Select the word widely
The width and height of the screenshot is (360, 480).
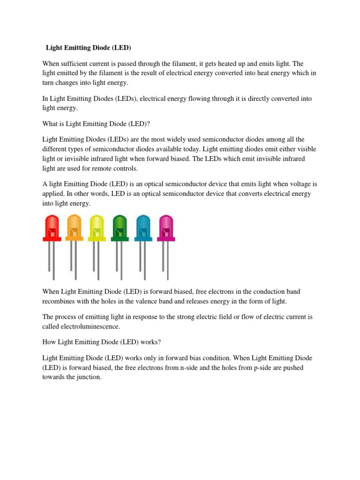174,139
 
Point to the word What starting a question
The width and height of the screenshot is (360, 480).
50,124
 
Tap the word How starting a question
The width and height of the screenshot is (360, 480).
49,342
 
